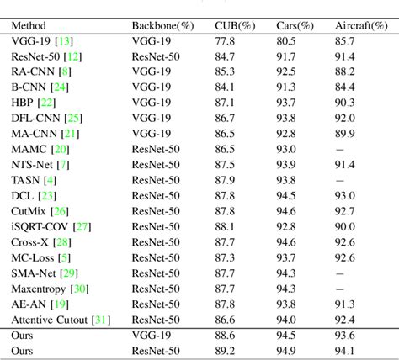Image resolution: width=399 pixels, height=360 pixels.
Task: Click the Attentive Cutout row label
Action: (52, 320)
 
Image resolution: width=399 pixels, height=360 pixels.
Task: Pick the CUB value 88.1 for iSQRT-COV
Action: (225, 225)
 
